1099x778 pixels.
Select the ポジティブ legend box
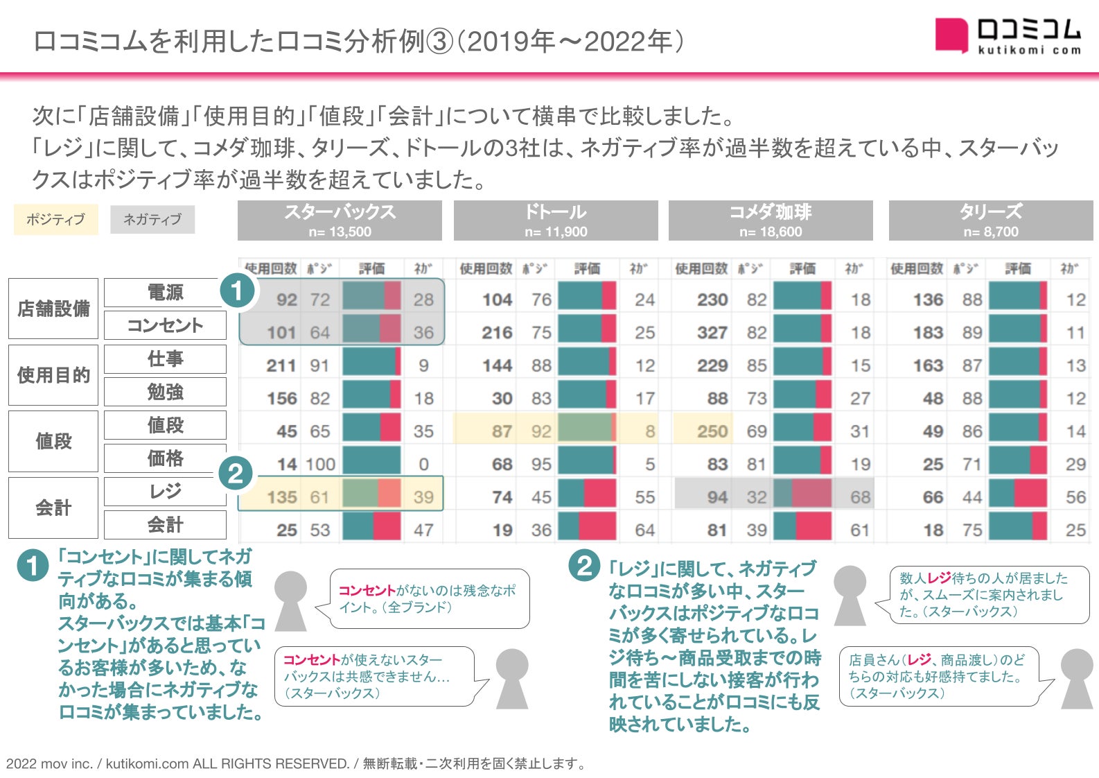pyautogui.click(x=56, y=220)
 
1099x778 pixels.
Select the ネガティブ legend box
pyautogui.click(x=152, y=220)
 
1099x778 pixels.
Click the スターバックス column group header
pyautogui.click(x=340, y=221)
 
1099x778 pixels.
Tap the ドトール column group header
pyautogui.click(x=556, y=221)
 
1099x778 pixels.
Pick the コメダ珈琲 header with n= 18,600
pyautogui.click(x=771, y=221)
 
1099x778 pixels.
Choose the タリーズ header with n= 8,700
pyautogui.click(x=991, y=221)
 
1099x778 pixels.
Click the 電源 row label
pyautogui.click(x=165, y=293)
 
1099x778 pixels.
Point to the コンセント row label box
pyautogui.click(x=165, y=325)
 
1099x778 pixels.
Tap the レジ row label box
pyautogui.click(x=165, y=492)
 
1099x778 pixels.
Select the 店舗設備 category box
pyautogui.click(x=53, y=309)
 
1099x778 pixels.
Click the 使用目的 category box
pyautogui.click(x=53, y=375)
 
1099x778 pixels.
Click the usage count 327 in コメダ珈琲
pyautogui.click(x=712, y=333)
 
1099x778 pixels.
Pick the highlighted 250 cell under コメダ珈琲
pyautogui.click(x=712, y=431)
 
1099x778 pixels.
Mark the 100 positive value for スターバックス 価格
pyautogui.click(x=320, y=465)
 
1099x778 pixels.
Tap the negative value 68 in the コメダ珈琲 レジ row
pyautogui.click(x=860, y=497)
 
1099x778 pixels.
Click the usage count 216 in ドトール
pyautogui.click(x=497, y=333)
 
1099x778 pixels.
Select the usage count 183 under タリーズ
pyautogui.click(x=928, y=333)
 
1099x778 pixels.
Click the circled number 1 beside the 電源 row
pyautogui.click(x=237, y=291)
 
